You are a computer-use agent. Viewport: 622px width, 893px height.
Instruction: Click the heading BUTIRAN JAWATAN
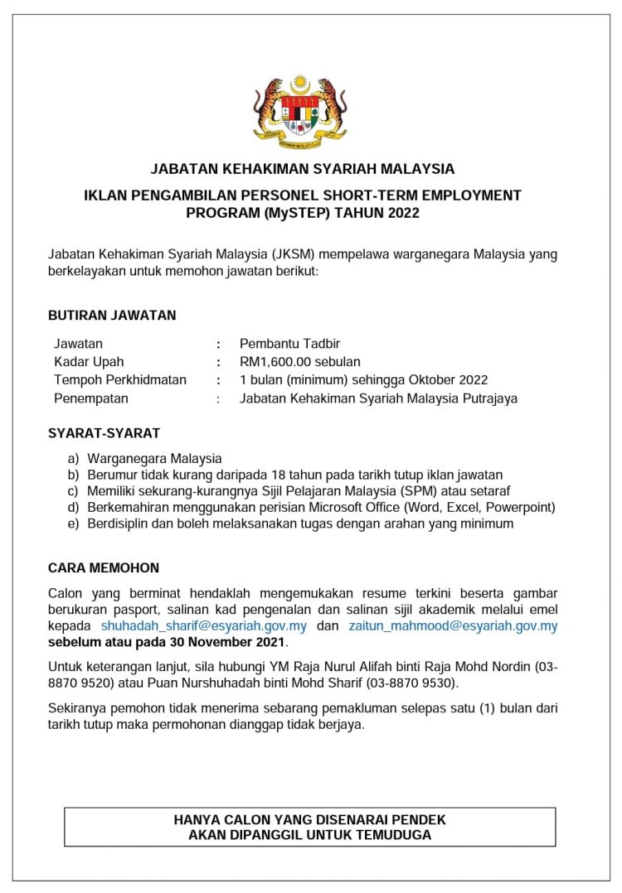(x=112, y=316)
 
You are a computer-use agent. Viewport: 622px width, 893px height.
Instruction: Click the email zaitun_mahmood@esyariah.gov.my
(x=453, y=625)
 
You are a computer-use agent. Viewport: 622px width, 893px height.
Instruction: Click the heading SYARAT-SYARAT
(x=104, y=433)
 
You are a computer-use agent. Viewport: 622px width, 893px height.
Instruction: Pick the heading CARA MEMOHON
(x=104, y=568)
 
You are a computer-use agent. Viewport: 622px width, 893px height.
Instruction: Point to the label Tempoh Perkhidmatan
(x=120, y=379)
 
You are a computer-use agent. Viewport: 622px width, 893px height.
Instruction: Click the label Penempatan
(x=91, y=398)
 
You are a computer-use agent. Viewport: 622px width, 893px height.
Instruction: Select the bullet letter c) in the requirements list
(x=73, y=491)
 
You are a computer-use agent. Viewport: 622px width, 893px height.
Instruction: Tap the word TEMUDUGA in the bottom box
(x=393, y=835)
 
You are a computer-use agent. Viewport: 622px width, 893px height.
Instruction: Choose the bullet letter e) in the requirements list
(x=73, y=524)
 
